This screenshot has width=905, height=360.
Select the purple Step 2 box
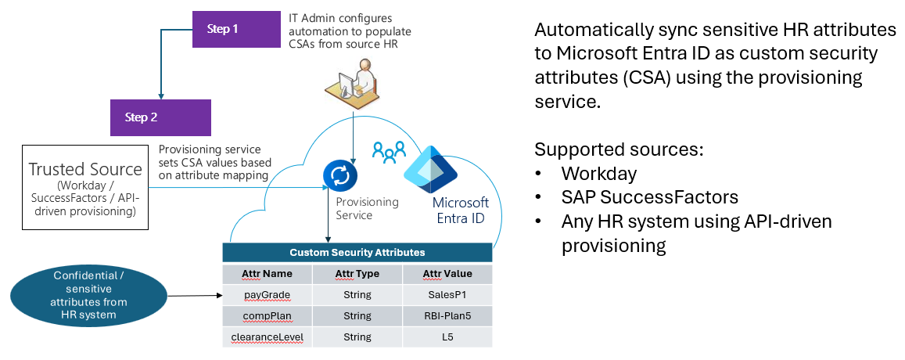[x=160, y=117]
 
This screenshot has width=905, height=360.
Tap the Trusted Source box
[x=85, y=186]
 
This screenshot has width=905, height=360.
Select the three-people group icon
[x=388, y=150]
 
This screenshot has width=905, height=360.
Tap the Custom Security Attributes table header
[x=357, y=253]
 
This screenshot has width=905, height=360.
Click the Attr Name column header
[x=267, y=274]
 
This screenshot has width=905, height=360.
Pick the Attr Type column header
[x=357, y=274]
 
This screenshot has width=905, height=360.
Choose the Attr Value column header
[x=447, y=274]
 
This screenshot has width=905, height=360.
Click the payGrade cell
[x=267, y=295]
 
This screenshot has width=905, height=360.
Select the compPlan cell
[x=267, y=316]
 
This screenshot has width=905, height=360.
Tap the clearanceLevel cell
[x=267, y=337]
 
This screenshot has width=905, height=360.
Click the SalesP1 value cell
[x=447, y=295]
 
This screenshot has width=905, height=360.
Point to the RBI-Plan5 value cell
[x=447, y=316]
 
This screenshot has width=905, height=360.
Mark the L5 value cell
[x=447, y=337]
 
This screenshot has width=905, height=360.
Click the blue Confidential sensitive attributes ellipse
[x=89, y=295]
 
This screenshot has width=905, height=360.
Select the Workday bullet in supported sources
[x=598, y=173]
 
